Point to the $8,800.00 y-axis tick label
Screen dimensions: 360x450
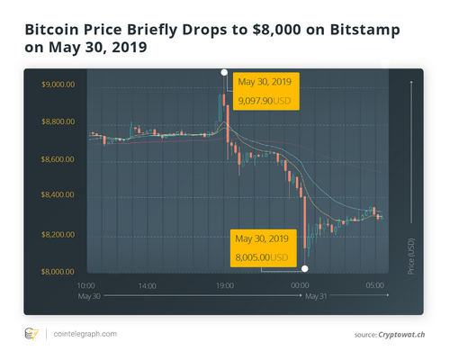pos(58,121)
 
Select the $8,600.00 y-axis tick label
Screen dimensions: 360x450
pos(58,159)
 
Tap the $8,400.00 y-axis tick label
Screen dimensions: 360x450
pos(58,196)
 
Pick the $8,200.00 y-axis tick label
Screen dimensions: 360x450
pos(58,234)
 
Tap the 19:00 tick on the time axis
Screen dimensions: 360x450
pos(225,285)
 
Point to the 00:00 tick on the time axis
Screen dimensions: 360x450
pos(300,285)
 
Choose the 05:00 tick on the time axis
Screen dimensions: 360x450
pos(375,285)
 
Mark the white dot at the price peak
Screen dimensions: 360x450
pos(224,71)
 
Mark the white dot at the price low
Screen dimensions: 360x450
pos(305,268)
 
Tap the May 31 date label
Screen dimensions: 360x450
pos(317,295)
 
